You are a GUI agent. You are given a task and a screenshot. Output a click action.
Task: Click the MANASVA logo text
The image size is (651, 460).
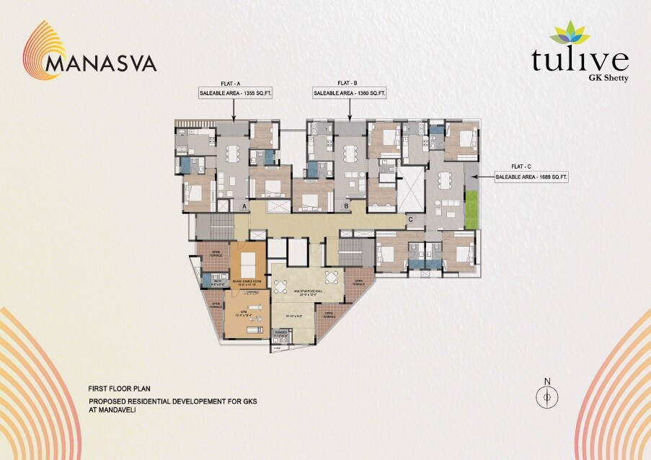click(x=100, y=63)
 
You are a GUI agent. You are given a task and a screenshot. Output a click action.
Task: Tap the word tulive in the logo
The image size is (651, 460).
click(x=580, y=60)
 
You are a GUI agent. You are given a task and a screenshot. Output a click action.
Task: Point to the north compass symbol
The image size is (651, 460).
click(x=547, y=396)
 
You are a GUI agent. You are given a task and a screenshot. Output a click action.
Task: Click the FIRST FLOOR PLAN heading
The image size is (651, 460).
click(x=119, y=388)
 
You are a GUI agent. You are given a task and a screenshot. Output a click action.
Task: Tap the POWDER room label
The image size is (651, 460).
click(x=280, y=334)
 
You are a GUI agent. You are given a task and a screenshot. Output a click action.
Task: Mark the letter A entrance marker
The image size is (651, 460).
click(x=244, y=207)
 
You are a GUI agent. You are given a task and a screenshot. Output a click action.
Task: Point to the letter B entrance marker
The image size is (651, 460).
click(x=346, y=207)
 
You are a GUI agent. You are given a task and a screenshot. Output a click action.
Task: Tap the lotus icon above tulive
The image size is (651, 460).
click(x=570, y=33)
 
